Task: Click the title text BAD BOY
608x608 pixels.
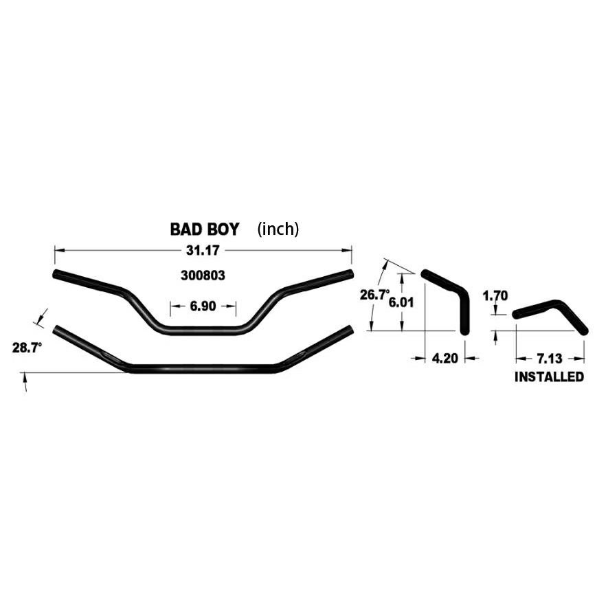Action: pyautogui.click(x=205, y=229)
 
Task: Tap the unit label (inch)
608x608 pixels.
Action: pyautogui.click(x=278, y=229)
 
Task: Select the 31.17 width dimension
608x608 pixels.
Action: pyautogui.click(x=203, y=251)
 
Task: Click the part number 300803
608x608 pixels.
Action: pyautogui.click(x=203, y=275)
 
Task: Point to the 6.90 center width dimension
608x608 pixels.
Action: pyautogui.click(x=203, y=306)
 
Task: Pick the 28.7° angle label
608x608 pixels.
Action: pyautogui.click(x=27, y=348)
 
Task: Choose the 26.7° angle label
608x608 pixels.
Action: pyautogui.click(x=374, y=295)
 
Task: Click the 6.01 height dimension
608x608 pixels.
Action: pyautogui.click(x=401, y=302)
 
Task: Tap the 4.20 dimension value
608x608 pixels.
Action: pyautogui.click(x=444, y=359)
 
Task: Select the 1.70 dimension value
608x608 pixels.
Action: pyautogui.click(x=495, y=296)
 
